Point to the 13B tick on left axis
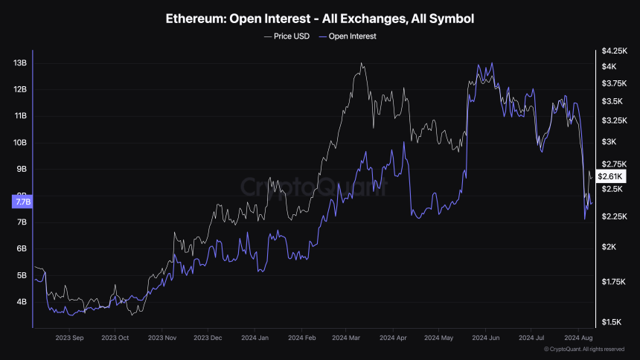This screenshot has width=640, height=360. tap(21, 63)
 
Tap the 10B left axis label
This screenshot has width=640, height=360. tap(21, 143)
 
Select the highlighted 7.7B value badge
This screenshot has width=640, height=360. tap(20, 201)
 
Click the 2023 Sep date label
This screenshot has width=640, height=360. tap(68, 337)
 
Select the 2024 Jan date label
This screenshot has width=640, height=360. tap(254, 337)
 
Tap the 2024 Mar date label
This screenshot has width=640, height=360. tap(346, 337)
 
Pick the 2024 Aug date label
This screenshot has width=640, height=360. tap(577, 337)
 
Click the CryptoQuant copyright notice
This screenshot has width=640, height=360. tap(584, 349)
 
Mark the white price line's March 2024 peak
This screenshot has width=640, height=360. tap(362, 63)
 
